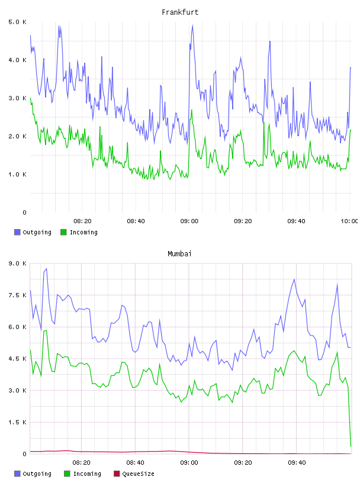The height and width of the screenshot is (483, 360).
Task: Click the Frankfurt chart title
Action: coord(180,12)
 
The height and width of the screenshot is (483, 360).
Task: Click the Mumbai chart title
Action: coord(179,254)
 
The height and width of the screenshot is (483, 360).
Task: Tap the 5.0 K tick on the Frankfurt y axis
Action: coord(17,22)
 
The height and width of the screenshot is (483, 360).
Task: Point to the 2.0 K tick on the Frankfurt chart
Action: coord(17,137)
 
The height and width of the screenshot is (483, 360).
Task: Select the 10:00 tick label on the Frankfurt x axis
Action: coord(349,221)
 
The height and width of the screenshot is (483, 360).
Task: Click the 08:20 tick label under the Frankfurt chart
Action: coord(82,221)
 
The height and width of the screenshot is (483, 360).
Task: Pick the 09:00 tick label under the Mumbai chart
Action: coord(189,463)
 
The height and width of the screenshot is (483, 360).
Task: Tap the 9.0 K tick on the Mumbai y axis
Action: coord(17,263)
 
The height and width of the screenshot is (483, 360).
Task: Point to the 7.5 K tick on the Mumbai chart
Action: coord(17,295)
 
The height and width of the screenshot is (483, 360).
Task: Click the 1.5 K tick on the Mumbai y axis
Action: coord(17,422)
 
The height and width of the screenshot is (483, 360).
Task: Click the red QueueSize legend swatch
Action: coord(117,474)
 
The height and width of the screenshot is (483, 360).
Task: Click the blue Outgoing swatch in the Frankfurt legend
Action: coord(17,232)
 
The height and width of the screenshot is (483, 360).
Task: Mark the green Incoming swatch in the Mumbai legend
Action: coord(67,474)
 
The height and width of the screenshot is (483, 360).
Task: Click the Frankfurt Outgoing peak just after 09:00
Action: coord(192,25)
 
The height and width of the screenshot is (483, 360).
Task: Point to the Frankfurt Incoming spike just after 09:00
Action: coord(192,110)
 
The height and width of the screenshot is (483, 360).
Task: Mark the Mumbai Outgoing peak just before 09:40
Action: coord(294,279)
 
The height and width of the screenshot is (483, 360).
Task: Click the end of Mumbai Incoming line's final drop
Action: coord(351,446)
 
